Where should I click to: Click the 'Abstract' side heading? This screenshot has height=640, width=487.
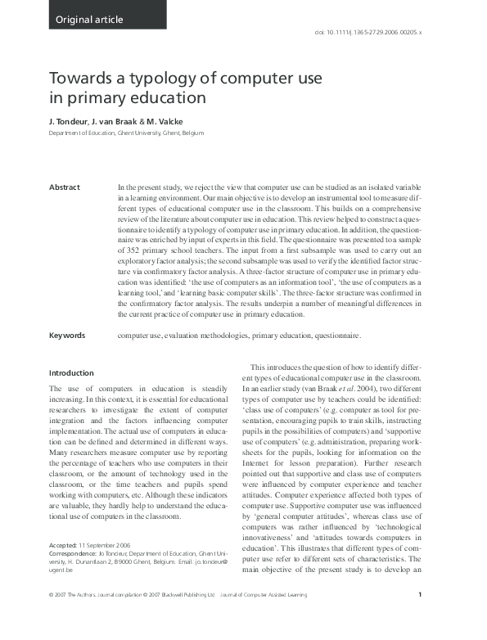tap(65, 187)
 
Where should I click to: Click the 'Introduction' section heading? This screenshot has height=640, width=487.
tap(71, 373)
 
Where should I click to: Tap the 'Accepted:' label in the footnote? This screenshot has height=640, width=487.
tap(63, 543)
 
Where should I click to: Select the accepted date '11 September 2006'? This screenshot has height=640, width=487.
tap(110, 543)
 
